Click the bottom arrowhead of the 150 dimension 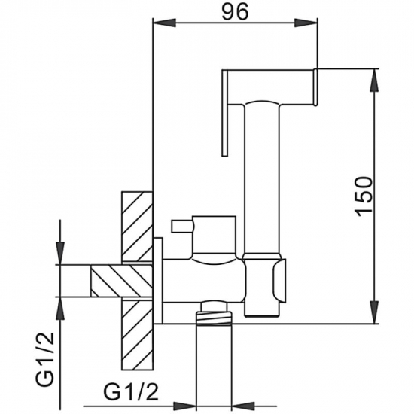[x=374, y=318]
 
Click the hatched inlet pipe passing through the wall [x=120, y=282]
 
